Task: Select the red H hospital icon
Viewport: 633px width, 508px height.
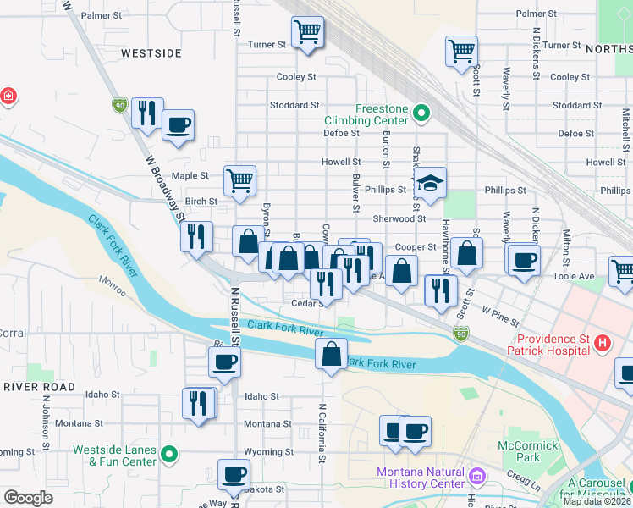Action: coord(602,343)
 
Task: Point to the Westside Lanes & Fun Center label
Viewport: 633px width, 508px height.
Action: coord(115,456)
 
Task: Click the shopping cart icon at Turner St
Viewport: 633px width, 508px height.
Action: coord(306,33)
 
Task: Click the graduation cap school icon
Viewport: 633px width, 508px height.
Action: coord(430,183)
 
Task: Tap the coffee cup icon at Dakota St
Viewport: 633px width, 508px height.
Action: coord(234,474)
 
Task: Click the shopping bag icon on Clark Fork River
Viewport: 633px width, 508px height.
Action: coord(331,354)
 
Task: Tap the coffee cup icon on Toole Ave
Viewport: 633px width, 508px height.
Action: coord(524,258)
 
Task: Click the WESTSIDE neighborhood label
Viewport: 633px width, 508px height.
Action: coord(151,52)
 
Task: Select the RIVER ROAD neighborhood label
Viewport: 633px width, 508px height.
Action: coord(38,386)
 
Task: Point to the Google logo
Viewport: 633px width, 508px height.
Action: coord(27,498)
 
